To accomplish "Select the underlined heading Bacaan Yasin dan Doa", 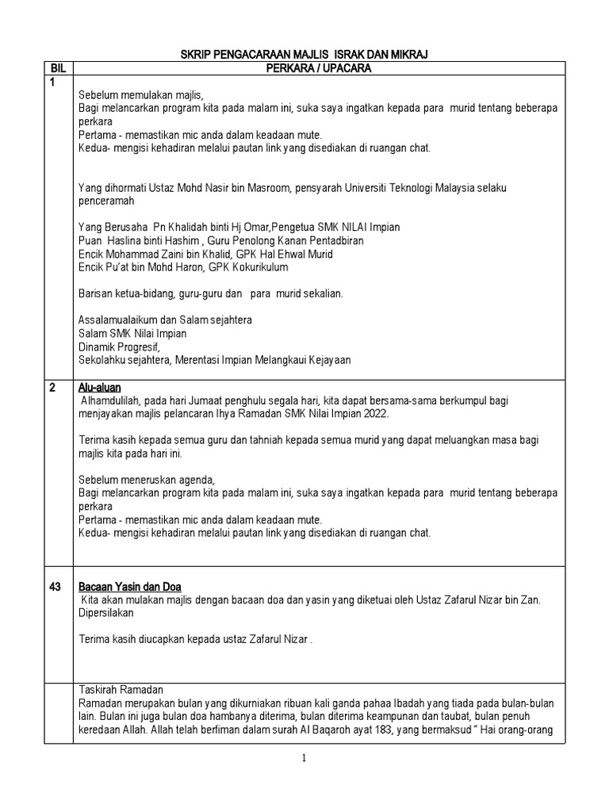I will point(130,587).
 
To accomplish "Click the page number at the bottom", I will point(304,758).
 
